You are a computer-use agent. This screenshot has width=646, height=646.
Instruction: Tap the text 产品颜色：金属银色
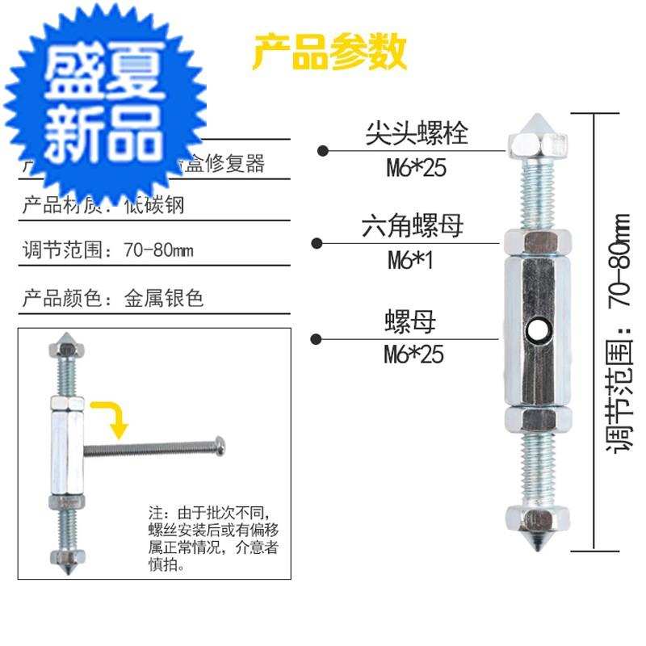click(112, 298)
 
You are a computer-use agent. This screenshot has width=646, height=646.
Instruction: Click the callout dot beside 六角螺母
click(319, 243)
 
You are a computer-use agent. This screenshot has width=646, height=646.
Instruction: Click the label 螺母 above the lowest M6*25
click(409, 323)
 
